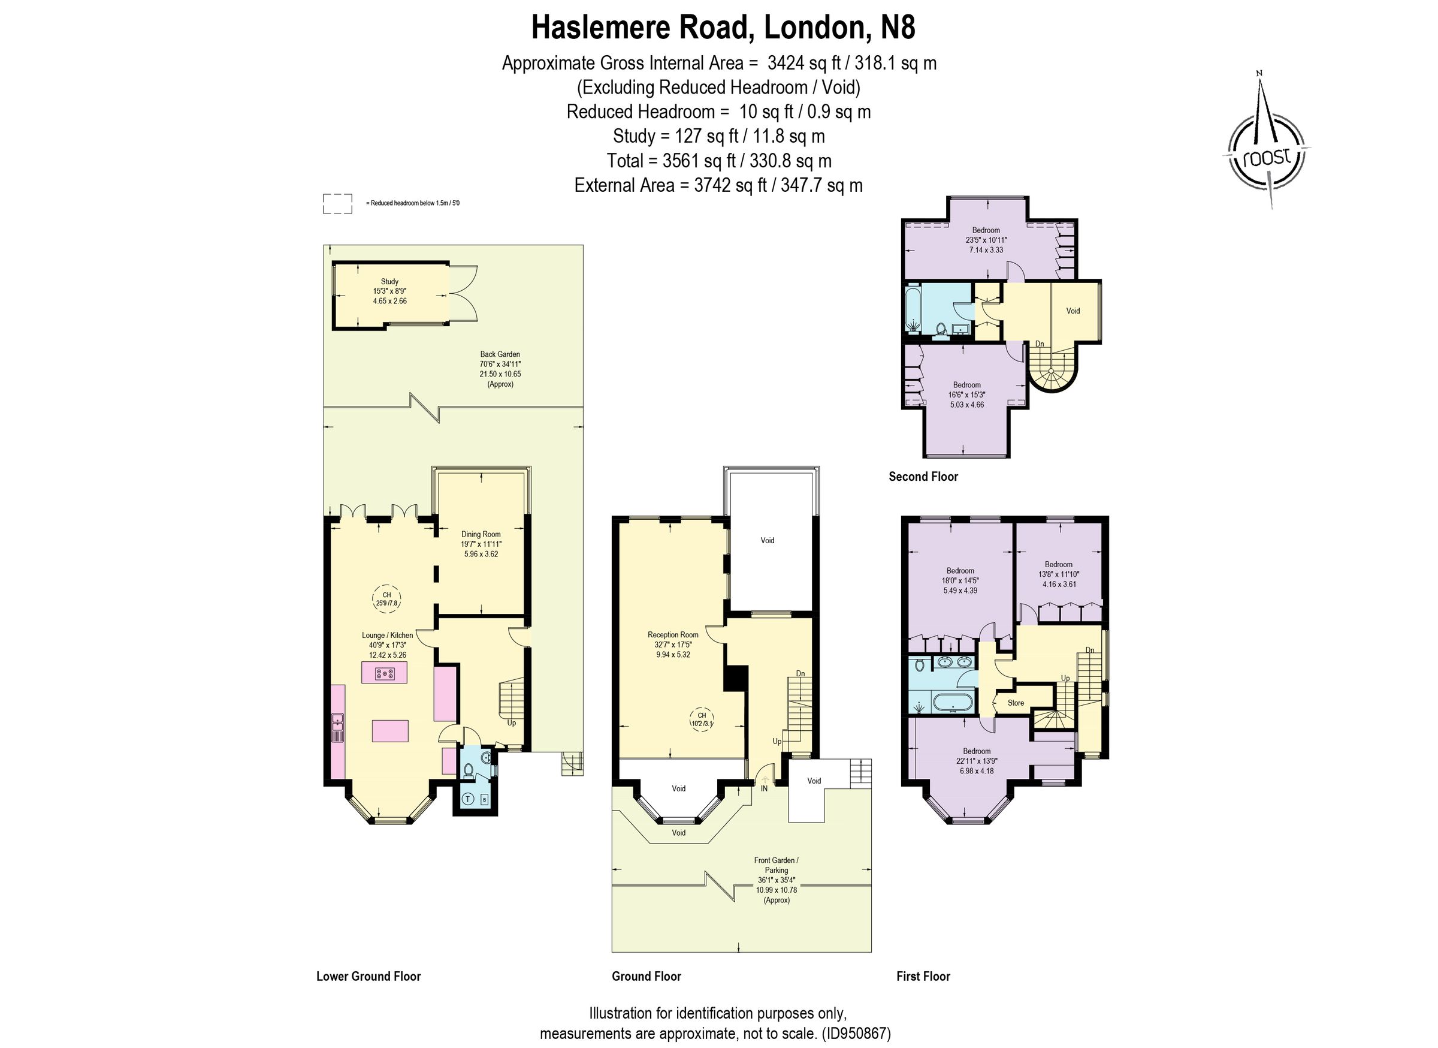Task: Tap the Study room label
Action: tap(389, 282)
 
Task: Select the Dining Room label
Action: tap(481, 534)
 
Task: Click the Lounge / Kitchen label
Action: tap(387, 635)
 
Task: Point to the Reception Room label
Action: tap(673, 634)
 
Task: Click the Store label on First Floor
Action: tap(1016, 703)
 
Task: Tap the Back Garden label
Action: tap(500, 354)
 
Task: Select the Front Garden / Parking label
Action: tap(776, 865)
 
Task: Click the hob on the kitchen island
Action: tap(384, 673)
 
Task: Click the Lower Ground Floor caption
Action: tap(368, 976)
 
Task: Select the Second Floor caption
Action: tap(923, 477)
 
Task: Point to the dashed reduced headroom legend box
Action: tap(337, 204)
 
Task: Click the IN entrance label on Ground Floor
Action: tap(764, 788)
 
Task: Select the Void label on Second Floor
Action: tap(1073, 311)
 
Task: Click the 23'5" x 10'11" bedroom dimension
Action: tap(986, 240)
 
